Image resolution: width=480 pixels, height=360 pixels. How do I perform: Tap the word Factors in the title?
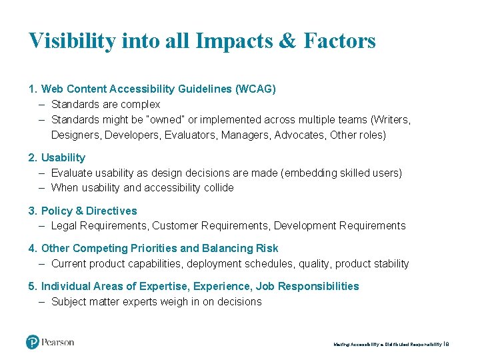pos(339,41)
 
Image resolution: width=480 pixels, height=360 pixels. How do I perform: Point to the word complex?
pos(140,104)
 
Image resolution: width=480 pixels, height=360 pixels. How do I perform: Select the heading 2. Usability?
pos(57,158)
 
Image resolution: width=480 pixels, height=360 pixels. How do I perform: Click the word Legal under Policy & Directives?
pos(65,226)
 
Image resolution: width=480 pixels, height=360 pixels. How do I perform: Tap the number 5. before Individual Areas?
pos(33,286)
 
